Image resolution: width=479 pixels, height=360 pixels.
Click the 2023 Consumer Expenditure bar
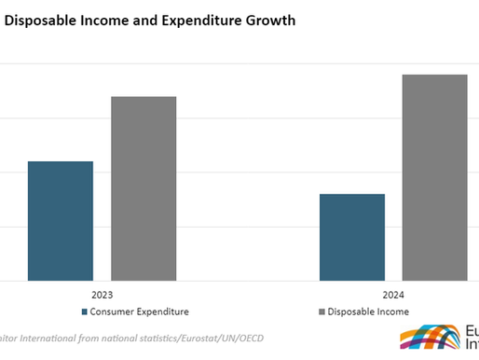click(61, 220)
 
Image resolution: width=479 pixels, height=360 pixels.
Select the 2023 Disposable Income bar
click(144, 187)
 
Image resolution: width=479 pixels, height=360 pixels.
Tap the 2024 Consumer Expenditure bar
click(351, 237)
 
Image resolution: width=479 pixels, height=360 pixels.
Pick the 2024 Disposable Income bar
click(434, 177)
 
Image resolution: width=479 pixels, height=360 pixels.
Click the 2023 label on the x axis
click(102, 294)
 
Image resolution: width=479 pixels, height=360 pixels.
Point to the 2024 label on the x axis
click(392, 294)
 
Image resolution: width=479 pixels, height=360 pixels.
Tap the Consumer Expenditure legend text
click(139, 312)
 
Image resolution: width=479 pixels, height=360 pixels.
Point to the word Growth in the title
click(268, 21)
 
